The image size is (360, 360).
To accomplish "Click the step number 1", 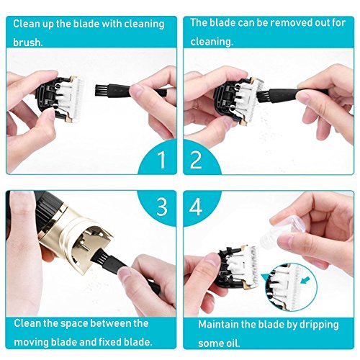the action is [x=162, y=159].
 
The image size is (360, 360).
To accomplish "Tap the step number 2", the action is [x=196, y=159].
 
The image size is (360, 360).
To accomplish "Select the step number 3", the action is [x=161, y=207].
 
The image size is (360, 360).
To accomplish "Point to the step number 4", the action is [x=196, y=207].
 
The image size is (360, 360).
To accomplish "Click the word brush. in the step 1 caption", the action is [x=28, y=42].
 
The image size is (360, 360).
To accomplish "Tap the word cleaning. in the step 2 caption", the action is [x=212, y=42].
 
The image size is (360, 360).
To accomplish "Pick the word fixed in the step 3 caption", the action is [x=111, y=342].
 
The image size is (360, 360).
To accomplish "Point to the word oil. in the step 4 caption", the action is [x=232, y=343].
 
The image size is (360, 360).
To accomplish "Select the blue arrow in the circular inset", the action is [x=304, y=280].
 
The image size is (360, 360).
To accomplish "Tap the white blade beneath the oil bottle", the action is [x=248, y=266].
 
